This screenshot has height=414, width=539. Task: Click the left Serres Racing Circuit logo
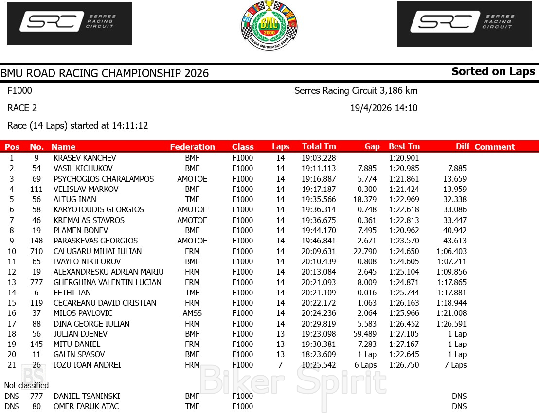pos(70,23)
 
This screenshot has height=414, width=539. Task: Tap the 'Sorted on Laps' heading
pos(493,71)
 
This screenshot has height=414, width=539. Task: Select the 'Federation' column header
pos(192,147)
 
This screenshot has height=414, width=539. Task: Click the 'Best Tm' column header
pos(404,146)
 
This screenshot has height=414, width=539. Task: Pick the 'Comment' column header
pos(494,147)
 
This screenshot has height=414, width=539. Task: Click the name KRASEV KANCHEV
pos(85,158)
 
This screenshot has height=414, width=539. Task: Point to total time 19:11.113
pos(318,168)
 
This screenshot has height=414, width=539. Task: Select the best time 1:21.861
pos(404,179)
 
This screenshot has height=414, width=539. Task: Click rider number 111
pos(36,189)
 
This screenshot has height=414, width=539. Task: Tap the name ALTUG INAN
pos(74,199)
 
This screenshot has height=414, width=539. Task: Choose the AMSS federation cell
pos(192,313)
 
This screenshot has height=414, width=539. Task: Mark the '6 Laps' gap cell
pos(365,365)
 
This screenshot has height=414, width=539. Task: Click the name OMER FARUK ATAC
pos(86,406)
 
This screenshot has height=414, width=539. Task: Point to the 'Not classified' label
pos(26,385)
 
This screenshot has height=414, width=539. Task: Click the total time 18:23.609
pos(318,354)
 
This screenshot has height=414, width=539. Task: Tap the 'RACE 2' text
pos(22,108)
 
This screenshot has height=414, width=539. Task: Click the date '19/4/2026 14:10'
pos(383,108)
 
